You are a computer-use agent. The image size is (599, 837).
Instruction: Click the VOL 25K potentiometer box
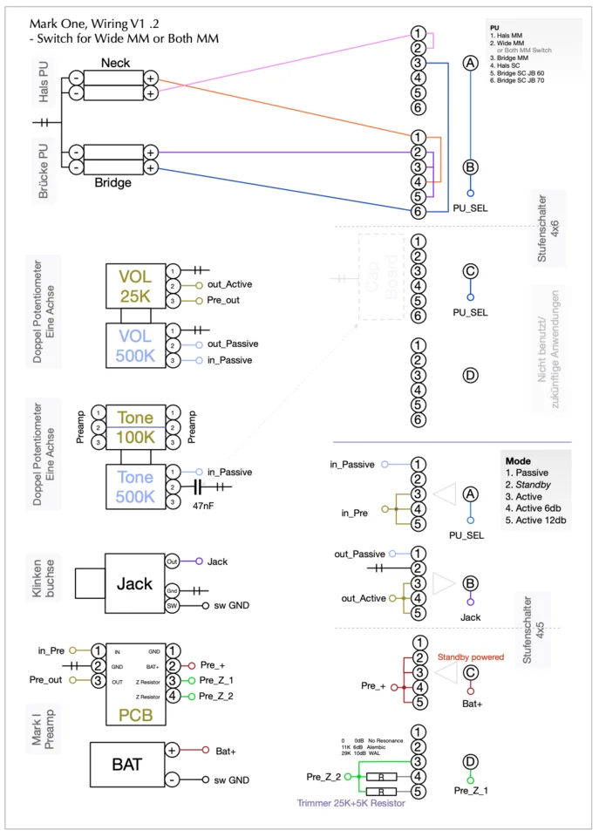click(135, 285)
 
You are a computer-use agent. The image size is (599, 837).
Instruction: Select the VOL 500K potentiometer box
click(135, 344)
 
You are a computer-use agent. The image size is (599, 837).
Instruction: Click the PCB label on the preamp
click(140, 716)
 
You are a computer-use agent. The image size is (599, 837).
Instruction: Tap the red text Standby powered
click(470, 657)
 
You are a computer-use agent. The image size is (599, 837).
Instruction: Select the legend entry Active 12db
click(537, 521)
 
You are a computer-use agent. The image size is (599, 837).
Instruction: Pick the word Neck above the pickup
click(116, 64)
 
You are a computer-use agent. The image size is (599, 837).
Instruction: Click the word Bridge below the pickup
click(114, 183)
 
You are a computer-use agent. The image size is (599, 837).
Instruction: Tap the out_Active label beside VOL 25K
click(230, 285)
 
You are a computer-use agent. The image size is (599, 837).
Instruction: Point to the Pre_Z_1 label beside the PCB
click(217, 680)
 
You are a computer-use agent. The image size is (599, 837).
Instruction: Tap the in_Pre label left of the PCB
click(51, 650)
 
